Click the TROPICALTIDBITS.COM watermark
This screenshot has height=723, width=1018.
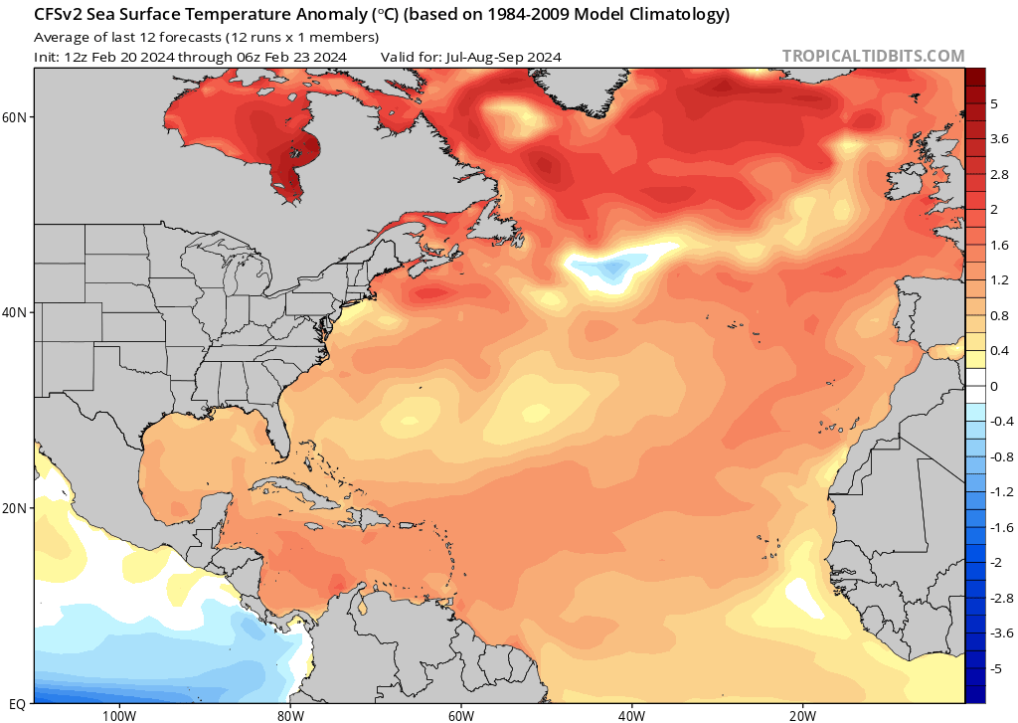click(873, 56)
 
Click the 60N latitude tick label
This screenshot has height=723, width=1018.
click(15, 116)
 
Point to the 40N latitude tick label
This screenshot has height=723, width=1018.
click(15, 312)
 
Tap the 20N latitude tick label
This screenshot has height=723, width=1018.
click(15, 507)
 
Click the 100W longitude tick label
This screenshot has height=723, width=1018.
click(118, 715)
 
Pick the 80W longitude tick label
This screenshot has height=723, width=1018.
click(289, 715)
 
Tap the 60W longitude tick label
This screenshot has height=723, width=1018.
click(460, 715)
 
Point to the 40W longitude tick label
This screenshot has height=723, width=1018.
click(631, 715)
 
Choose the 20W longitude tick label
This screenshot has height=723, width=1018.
click(802, 715)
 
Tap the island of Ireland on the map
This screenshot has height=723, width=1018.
click(913, 185)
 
